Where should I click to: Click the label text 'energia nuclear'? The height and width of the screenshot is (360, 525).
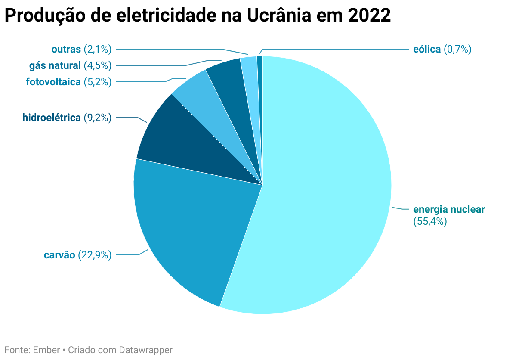pyautogui.click(x=449, y=210)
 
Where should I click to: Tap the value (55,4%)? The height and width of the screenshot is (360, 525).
pyautogui.click(x=430, y=222)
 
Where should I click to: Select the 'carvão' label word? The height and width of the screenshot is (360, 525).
pyautogui.click(x=59, y=255)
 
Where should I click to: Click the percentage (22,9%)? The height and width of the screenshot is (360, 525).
pyautogui.click(x=95, y=255)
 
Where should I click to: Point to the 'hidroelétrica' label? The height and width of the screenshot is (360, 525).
pyautogui.click(x=51, y=117)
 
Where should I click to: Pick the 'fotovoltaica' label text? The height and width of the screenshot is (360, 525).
pyautogui.click(x=53, y=81)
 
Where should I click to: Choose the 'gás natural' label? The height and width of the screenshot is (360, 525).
pyautogui.click(x=55, y=65)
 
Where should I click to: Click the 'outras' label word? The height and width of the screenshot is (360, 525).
pyautogui.click(x=66, y=49)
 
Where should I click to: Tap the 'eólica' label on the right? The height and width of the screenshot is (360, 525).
pyautogui.click(x=426, y=49)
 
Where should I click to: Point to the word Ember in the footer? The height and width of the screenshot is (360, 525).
pyautogui.click(x=46, y=350)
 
